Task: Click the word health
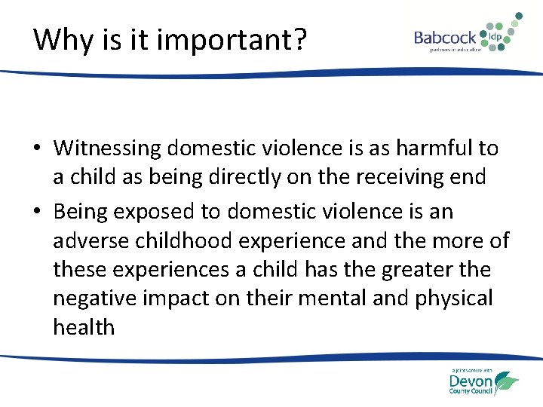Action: pos(84,327)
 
